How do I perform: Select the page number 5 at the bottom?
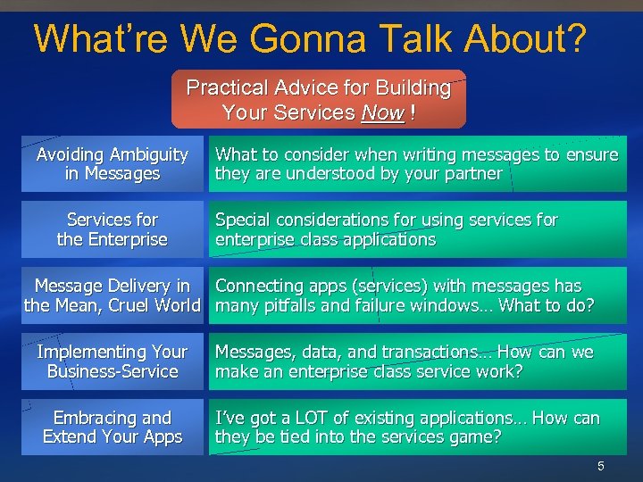pos(601,466)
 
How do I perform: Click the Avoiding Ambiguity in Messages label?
pos(113,164)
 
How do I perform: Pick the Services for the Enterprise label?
pos(113,229)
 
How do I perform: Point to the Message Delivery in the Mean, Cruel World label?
pos(113,295)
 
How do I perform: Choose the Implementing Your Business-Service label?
pos(113,361)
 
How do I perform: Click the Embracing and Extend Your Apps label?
pos(113,428)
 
